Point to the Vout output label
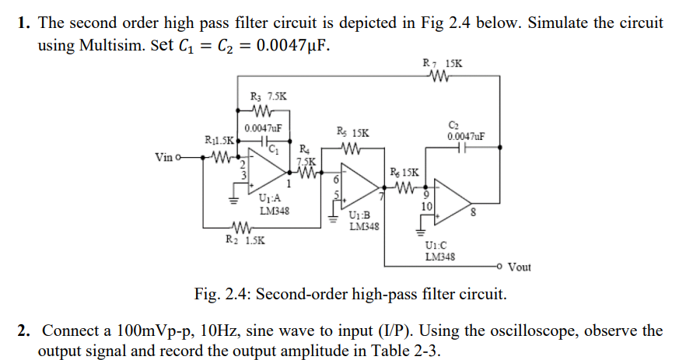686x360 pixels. pyautogui.click(x=519, y=267)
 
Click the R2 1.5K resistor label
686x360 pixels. pyautogui.click(x=243, y=240)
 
